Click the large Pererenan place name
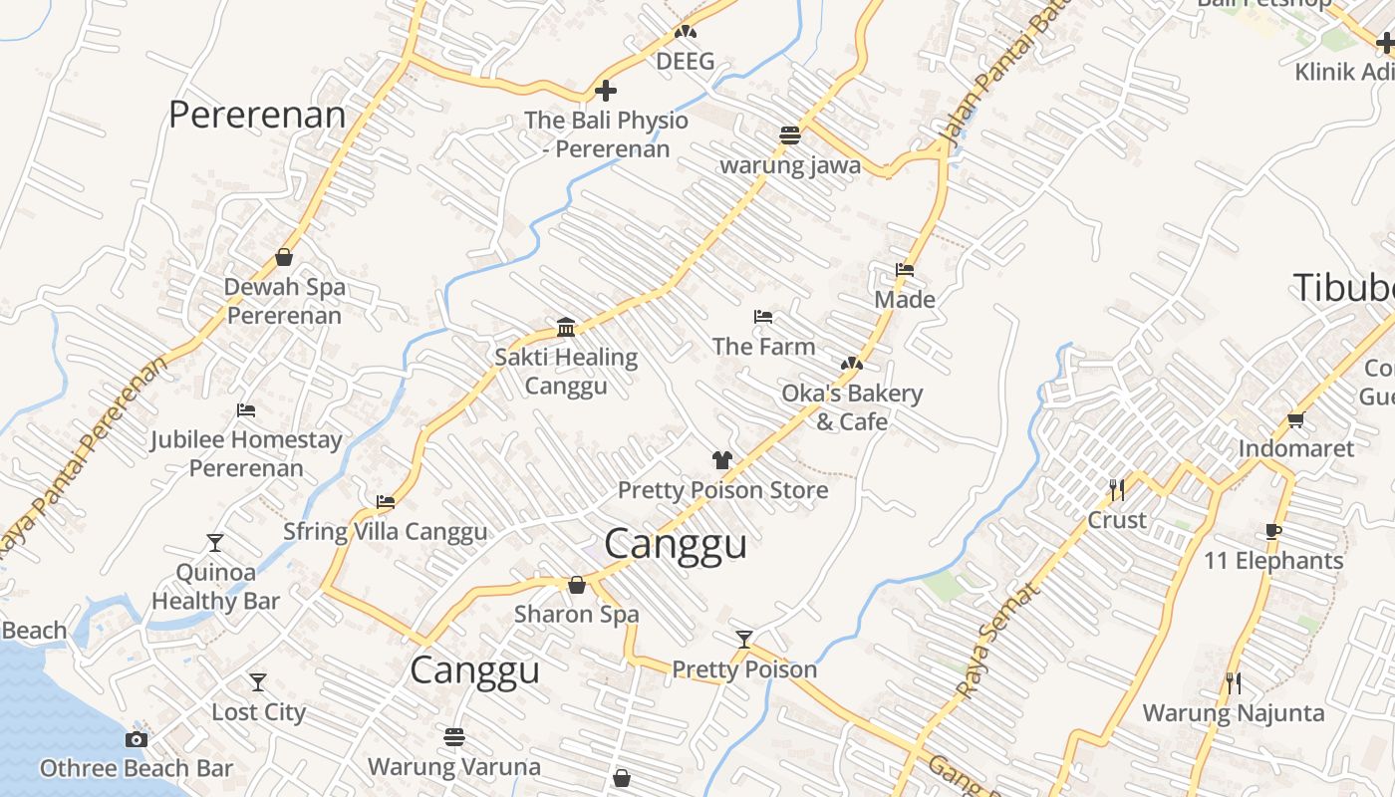coord(257,115)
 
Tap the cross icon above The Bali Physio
coord(605,92)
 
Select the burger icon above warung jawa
coord(790,134)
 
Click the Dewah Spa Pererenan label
coord(284,301)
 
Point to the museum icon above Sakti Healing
coord(566,327)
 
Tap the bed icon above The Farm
coord(763,317)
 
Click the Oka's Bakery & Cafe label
coord(852,407)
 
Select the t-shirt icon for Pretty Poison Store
coord(722,460)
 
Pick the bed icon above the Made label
coord(905,269)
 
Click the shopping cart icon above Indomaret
coord(1295,419)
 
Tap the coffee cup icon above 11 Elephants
coord(1272,531)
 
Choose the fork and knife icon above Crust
coord(1117,489)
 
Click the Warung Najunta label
coord(1233,713)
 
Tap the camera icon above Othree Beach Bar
coord(137,739)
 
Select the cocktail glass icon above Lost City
coord(258,682)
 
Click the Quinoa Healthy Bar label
coord(215,587)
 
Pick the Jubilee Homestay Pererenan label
coord(246,453)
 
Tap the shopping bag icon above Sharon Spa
coord(576,585)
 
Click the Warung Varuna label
coord(454,767)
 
